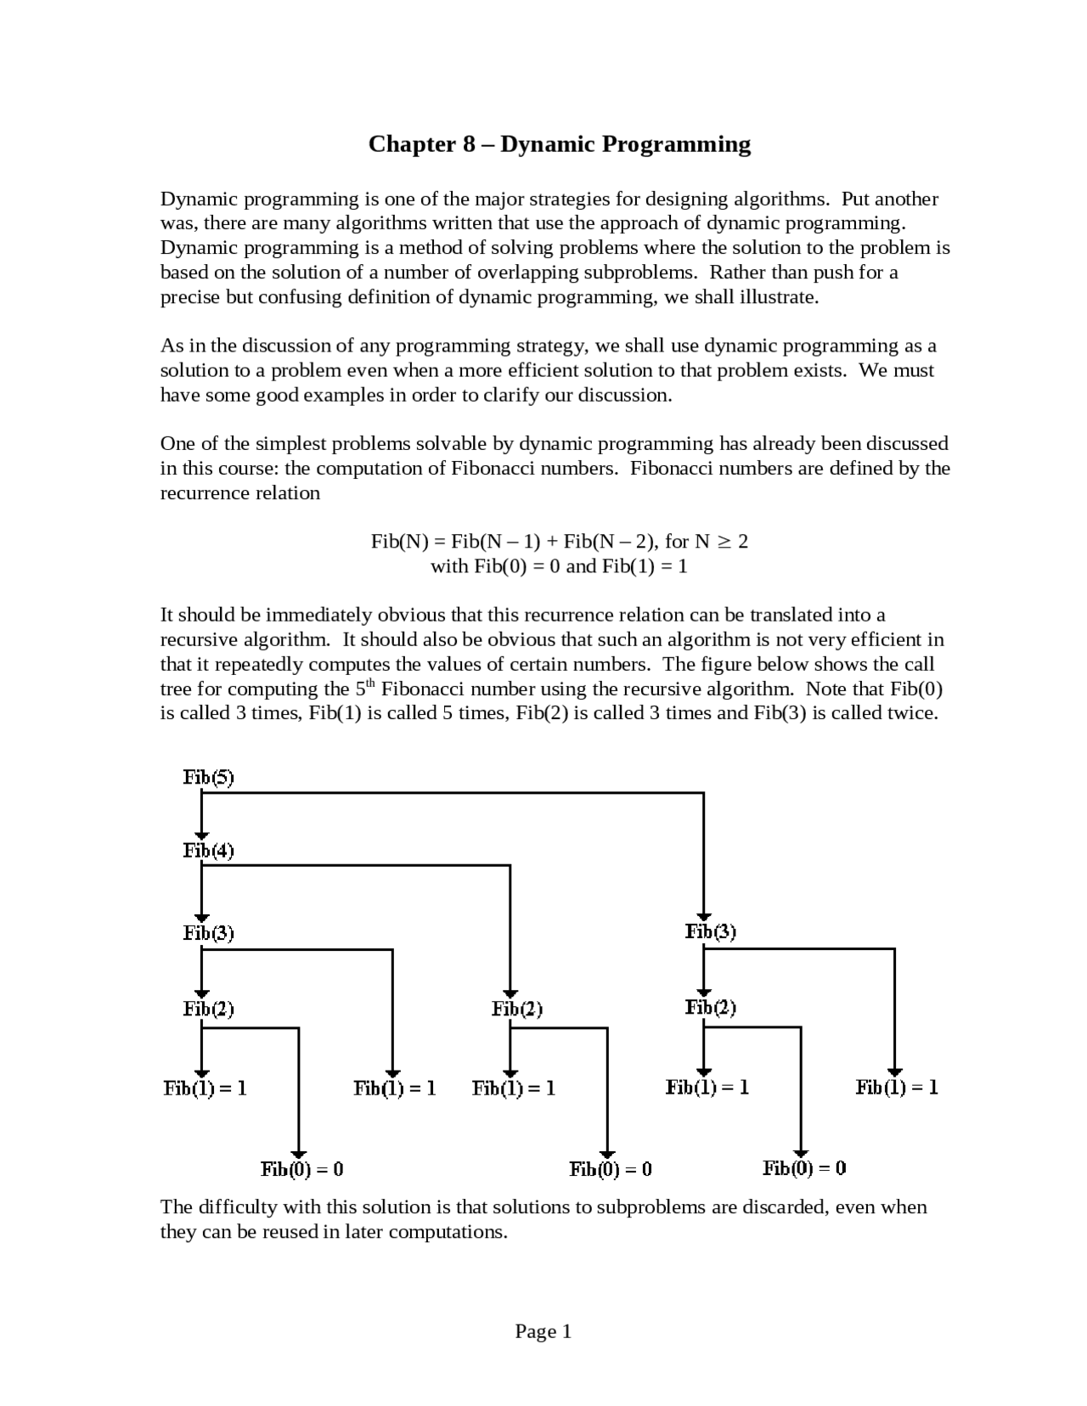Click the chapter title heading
559,144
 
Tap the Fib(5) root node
208,777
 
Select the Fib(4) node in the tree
208,851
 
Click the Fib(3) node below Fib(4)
208,933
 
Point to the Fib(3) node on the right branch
711,931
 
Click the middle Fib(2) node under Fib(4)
516,1009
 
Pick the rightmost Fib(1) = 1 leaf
897,1087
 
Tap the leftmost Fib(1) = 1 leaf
205,1088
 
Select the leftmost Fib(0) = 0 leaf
301,1169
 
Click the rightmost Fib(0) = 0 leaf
804,1168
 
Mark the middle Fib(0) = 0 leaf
611,1169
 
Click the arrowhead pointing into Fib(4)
201,835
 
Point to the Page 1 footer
543,1331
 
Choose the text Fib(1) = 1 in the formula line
645,566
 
